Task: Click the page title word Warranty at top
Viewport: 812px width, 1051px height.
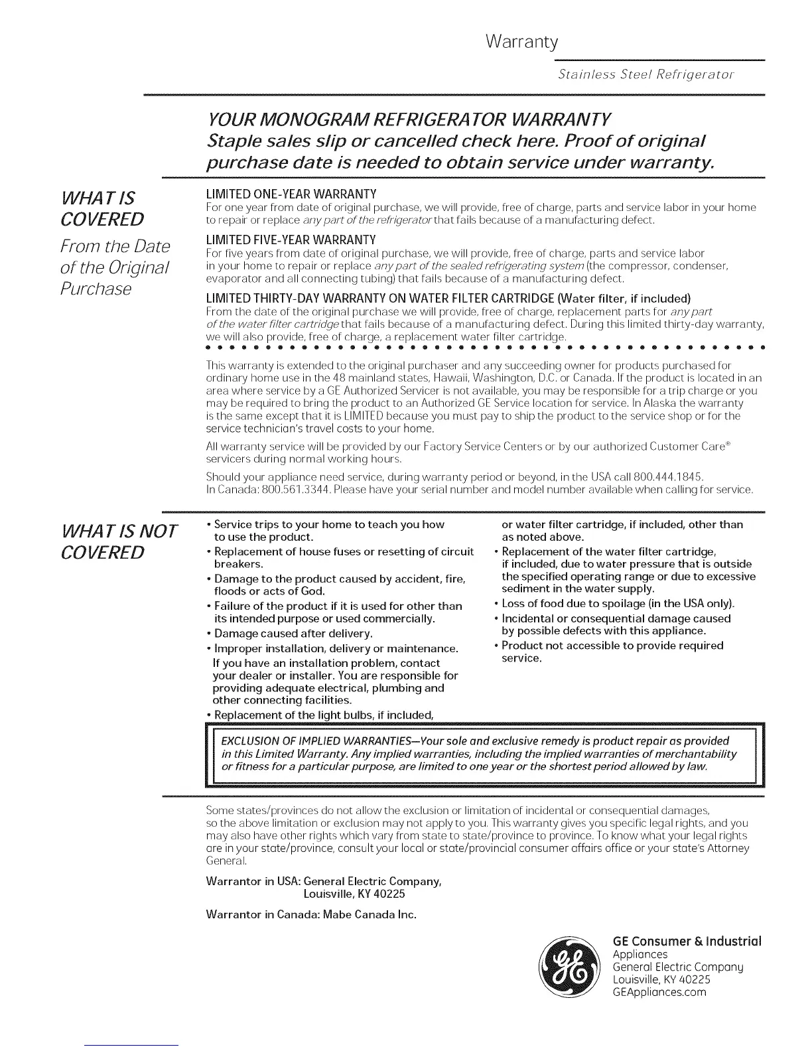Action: (521, 42)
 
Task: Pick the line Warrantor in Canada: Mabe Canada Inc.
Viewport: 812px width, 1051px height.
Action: (312, 914)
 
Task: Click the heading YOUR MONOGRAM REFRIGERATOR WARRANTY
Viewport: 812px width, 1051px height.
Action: (409, 120)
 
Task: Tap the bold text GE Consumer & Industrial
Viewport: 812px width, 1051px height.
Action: (687, 942)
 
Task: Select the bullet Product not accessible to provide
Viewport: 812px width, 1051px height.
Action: (612, 646)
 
